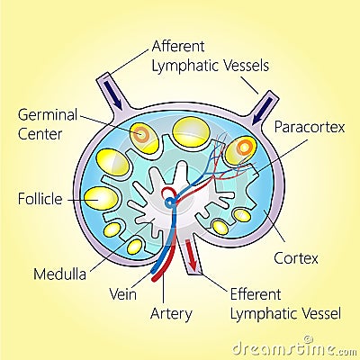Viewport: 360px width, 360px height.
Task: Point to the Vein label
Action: pos(121,293)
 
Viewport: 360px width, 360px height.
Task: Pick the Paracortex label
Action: pos(310,128)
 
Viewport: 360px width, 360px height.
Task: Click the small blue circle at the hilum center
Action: pos(170,204)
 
